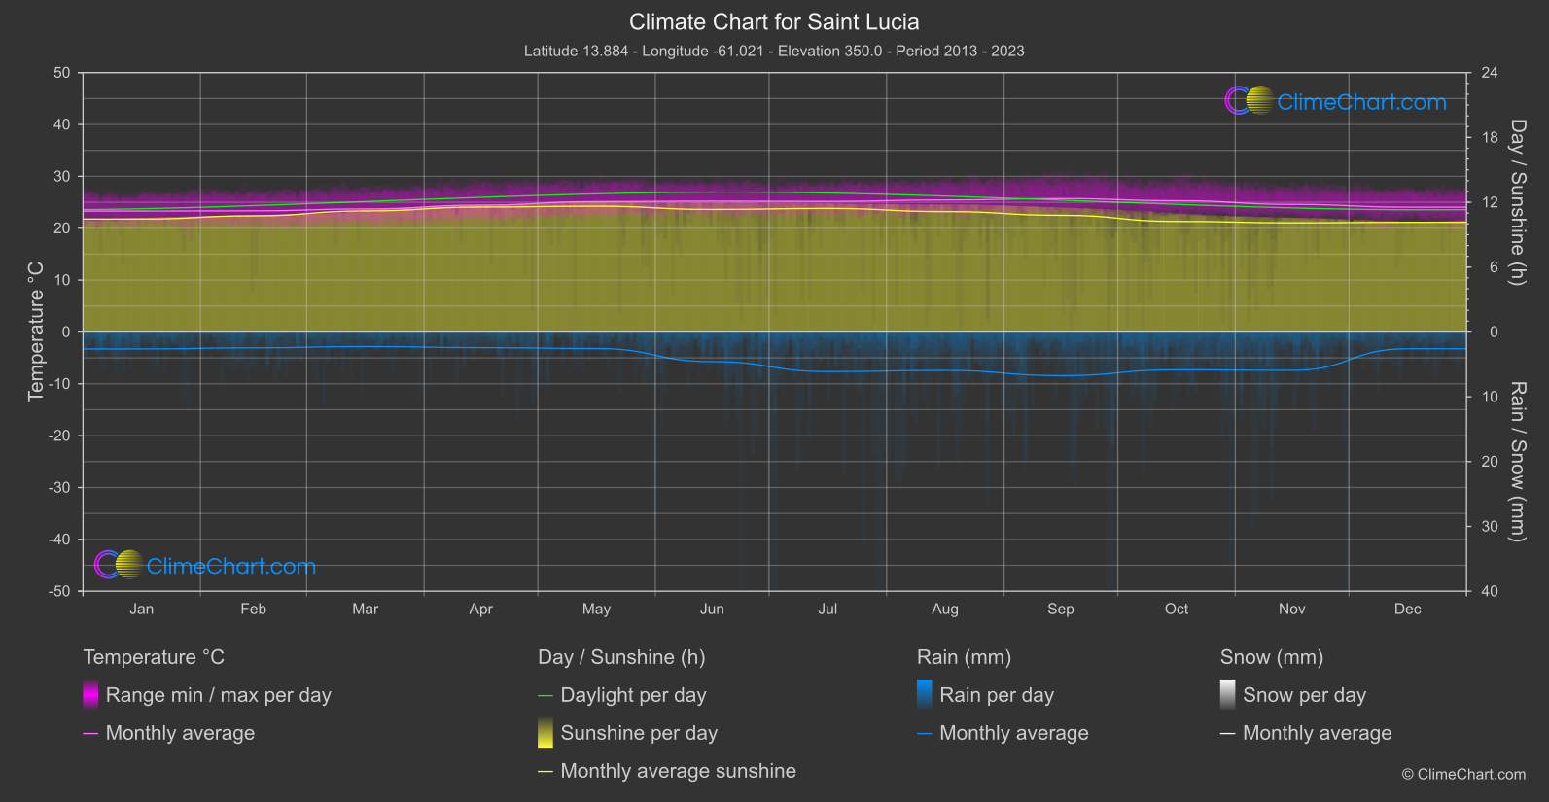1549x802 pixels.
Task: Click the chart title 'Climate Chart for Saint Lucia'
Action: click(774, 21)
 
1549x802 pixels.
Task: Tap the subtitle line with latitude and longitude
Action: click(774, 51)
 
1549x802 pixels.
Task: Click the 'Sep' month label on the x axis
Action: click(1060, 609)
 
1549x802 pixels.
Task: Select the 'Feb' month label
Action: click(253, 609)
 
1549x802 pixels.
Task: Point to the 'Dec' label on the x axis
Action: click(1407, 609)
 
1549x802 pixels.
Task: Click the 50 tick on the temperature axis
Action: click(62, 73)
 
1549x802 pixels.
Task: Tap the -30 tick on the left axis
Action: click(59, 488)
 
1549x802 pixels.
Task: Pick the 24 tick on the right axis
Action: click(1489, 73)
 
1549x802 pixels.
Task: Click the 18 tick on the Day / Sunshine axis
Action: click(1489, 138)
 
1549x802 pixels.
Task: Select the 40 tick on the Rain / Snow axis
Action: click(1489, 591)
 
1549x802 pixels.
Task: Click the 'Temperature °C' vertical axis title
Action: click(36, 331)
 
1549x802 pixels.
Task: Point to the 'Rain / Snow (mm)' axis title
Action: click(1517, 461)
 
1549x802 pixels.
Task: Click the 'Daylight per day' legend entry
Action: click(633, 695)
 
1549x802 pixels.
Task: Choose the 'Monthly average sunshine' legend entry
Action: click(678, 771)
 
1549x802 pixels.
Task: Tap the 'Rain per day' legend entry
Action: click(996, 695)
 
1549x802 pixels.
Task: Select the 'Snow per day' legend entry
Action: click(1304, 695)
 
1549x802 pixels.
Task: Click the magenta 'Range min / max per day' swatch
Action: click(90, 695)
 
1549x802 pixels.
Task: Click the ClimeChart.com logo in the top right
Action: click(1335, 101)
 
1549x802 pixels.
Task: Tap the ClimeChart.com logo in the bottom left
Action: click(205, 566)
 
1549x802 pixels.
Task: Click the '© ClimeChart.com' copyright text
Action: click(1463, 774)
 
